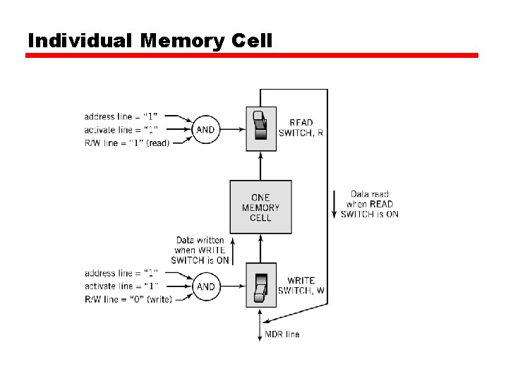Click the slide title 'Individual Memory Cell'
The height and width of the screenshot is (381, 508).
point(150,40)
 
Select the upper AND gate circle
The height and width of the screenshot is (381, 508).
point(205,130)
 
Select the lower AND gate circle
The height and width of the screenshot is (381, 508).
point(205,286)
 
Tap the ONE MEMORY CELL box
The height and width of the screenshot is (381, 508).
point(260,207)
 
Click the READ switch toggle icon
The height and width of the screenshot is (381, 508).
point(260,128)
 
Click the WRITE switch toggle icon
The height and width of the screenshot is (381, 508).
point(260,286)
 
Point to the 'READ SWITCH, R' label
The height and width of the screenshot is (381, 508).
point(301,128)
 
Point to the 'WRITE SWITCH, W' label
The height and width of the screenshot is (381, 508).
point(301,286)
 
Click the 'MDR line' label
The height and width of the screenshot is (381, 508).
point(282,334)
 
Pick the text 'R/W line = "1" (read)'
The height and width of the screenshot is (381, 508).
point(128,142)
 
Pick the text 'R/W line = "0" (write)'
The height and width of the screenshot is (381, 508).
point(128,299)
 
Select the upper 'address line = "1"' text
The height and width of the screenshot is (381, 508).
point(121,116)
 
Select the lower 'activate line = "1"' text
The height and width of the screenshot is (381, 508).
point(121,286)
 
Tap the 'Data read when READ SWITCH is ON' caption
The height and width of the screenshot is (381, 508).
point(369,204)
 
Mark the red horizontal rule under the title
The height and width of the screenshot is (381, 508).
point(252,55)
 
